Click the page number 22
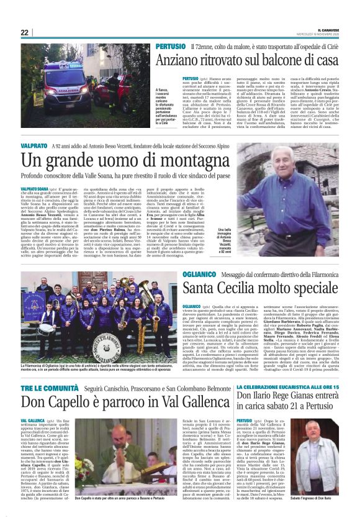24,32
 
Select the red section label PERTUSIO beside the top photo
170,47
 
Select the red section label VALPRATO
34,144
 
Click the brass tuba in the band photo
145,291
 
